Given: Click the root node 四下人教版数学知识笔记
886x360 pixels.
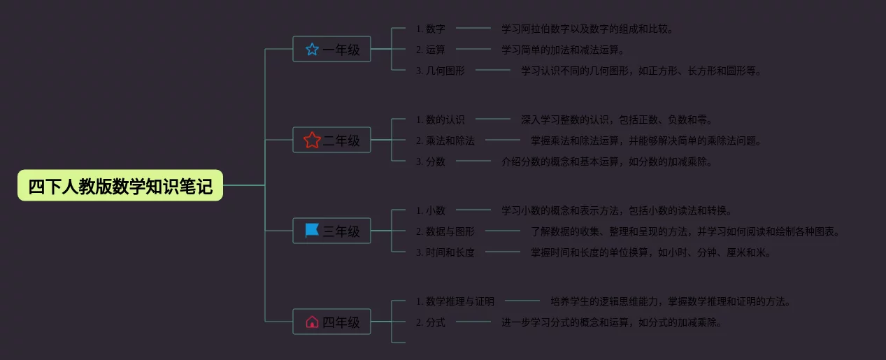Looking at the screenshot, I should (120, 186).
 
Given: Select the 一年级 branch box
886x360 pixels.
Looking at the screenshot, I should (331, 50).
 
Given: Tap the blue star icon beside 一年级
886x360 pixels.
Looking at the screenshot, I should (312, 50).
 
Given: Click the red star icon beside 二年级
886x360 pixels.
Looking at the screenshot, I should (312, 141).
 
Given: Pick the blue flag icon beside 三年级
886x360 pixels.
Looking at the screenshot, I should (312, 231).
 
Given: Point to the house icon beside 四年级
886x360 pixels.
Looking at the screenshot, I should (312, 322).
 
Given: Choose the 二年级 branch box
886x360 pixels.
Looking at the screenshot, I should (331, 141).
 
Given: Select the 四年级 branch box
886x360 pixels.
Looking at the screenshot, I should (331, 322).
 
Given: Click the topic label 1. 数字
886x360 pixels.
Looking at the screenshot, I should (431, 29).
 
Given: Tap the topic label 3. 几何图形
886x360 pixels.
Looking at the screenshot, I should (441, 71).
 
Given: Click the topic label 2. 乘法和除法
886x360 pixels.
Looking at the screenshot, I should (445, 141).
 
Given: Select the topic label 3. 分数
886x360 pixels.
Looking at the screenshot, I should (431, 161).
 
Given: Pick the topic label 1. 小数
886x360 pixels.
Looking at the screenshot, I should (431, 210).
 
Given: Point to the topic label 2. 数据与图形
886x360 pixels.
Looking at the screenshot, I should (445, 231).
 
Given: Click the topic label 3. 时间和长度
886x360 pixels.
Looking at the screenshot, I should (445, 252).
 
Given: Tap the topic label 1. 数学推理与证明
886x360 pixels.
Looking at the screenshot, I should (455, 302).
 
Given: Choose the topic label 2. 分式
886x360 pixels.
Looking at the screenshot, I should (431, 322).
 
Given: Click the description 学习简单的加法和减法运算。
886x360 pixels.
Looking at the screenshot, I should (562, 50).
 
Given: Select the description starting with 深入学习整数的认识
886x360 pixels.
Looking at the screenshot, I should (616, 120).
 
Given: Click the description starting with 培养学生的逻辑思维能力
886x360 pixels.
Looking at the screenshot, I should (670, 302).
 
